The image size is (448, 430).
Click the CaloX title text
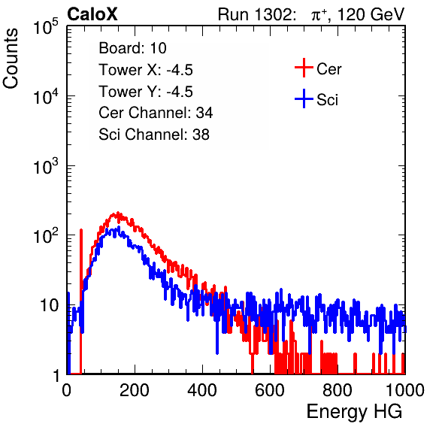pyautogui.click(x=92, y=14)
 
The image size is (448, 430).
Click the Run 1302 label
pyautogui.click(x=256, y=14)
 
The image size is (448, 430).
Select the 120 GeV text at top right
pyautogui.click(x=371, y=14)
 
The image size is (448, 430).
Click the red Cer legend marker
pyautogui.click(x=304, y=68)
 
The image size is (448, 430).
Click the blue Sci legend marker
pyautogui.click(x=304, y=99)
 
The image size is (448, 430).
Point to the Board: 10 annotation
pyautogui.click(x=132, y=48)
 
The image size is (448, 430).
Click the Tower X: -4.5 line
pyautogui.click(x=146, y=70)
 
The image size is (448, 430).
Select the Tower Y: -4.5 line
pyautogui.click(x=146, y=92)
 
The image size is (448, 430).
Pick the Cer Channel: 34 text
pyautogui.click(x=156, y=113)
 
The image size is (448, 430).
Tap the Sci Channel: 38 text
pyautogui.click(x=154, y=135)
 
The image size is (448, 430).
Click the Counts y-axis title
pyautogui.click(x=11, y=59)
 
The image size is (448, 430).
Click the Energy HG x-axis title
pyautogui.click(x=354, y=412)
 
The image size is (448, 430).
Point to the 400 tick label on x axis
pyautogui.click(x=202, y=390)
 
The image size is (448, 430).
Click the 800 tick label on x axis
pyautogui.click(x=338, y=390)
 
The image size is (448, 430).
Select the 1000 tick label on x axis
pyautogui.click(x=405, y=390)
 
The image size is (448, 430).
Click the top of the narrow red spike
pyautogui.click(x=81, y=230)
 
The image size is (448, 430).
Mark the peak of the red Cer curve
pyautogui.click(x=117, y=213)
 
